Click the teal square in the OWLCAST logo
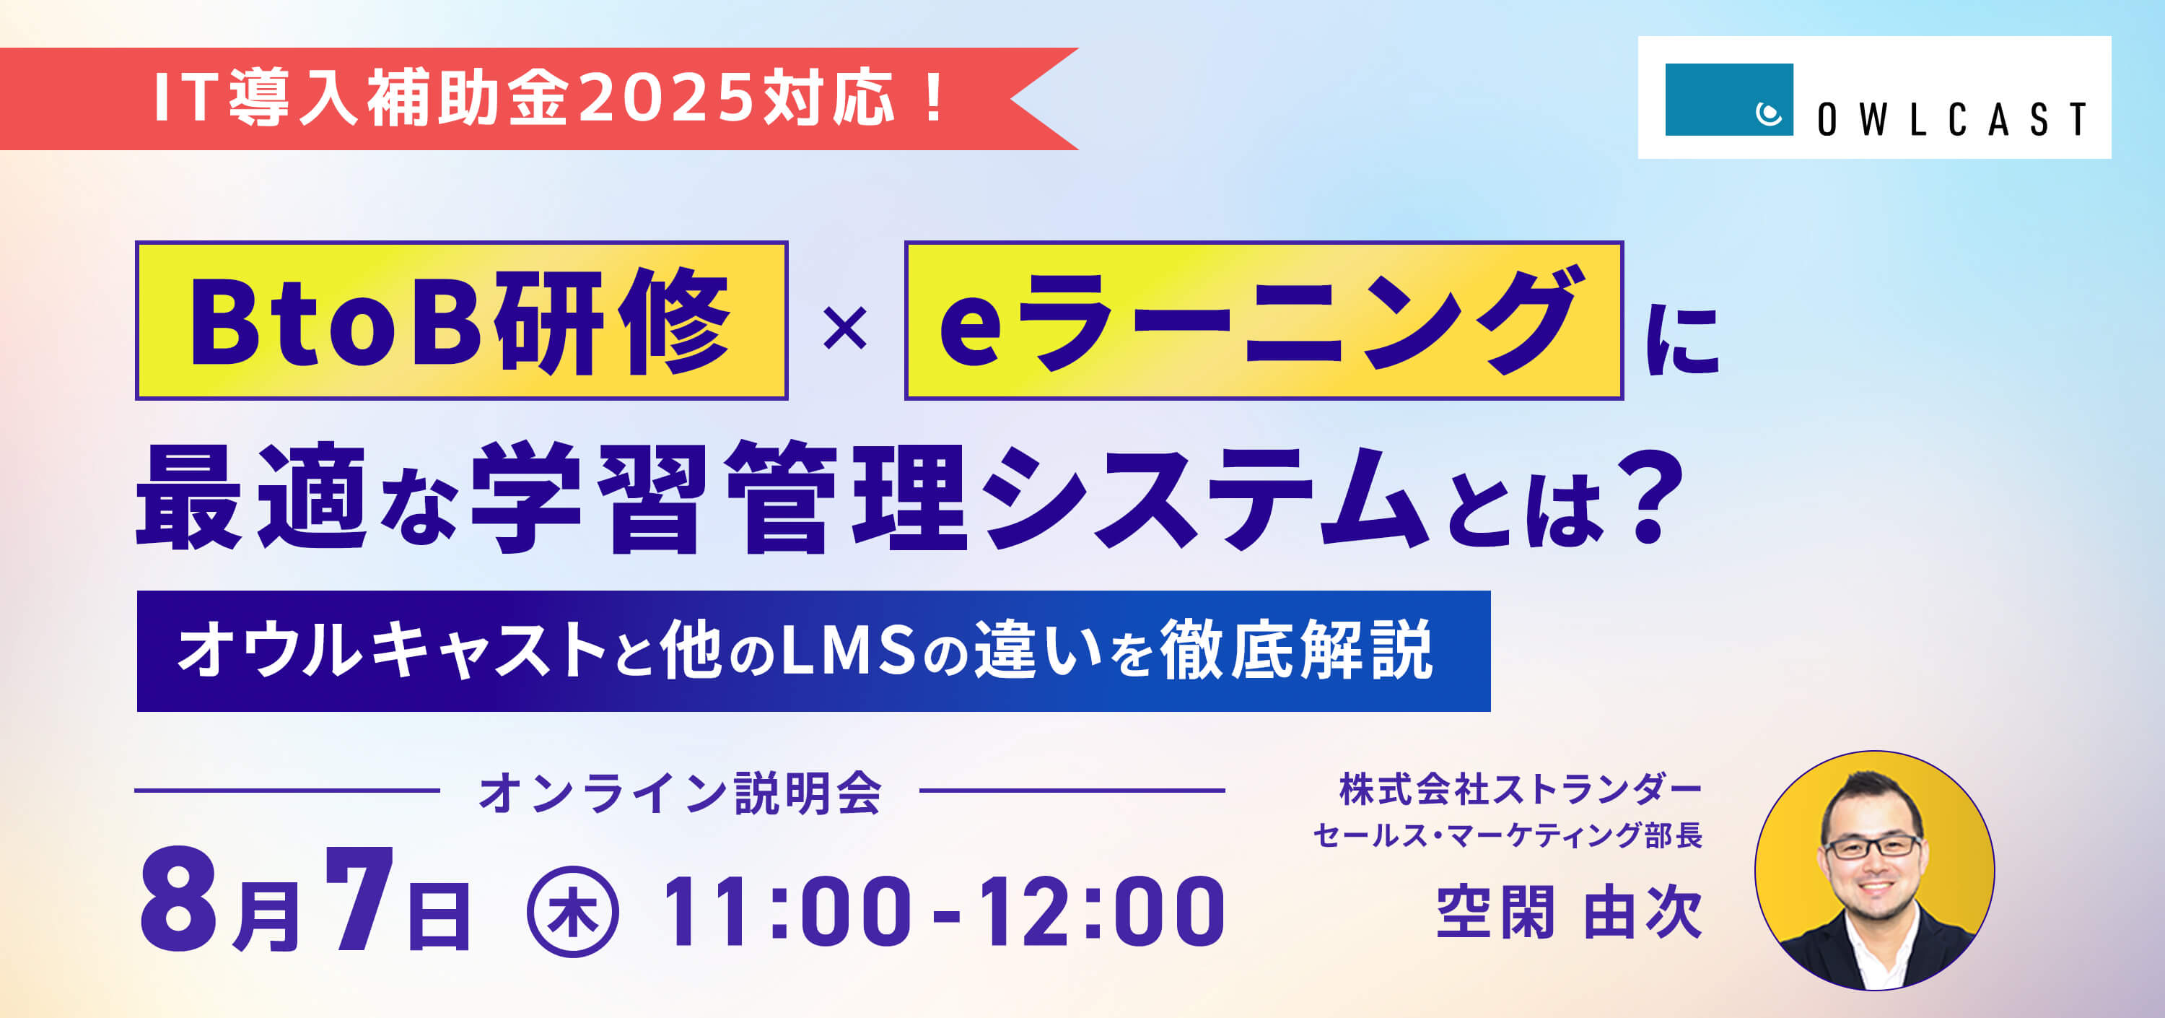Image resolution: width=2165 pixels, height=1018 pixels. (1729, 99)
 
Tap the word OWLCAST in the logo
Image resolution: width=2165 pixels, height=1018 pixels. (1951, 119)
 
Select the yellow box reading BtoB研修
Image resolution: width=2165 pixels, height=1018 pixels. (461, 321)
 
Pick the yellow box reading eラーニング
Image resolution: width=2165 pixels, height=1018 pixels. (1263, 321)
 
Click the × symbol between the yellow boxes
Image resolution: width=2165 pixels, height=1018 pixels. (844, 329)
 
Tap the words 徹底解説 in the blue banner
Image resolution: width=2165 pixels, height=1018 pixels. (1296, 650)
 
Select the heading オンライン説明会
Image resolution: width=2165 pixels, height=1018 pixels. (680, 792)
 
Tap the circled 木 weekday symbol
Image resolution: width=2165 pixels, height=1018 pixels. (573, 911)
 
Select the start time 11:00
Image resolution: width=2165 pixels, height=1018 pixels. (785, 910)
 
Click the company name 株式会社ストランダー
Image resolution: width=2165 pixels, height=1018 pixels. (1520, 790)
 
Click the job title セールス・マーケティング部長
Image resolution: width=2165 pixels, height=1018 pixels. (1508, 835)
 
